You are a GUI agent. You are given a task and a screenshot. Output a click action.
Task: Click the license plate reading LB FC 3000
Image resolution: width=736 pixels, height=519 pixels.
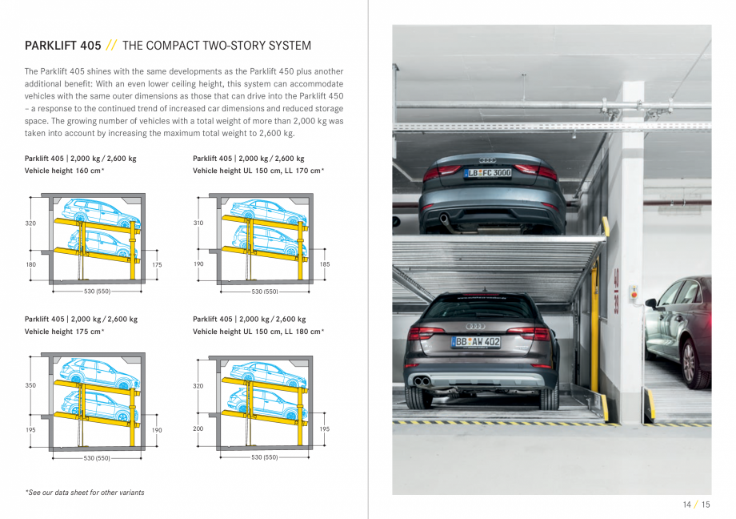click(488, 172)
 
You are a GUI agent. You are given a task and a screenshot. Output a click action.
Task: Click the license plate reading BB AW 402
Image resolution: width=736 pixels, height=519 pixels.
click(476, 342)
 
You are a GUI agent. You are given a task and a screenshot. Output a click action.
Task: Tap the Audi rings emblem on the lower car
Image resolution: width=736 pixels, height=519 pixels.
click(476, 326)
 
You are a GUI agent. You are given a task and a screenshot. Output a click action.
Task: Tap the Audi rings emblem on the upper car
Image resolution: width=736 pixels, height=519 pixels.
click(488, 160)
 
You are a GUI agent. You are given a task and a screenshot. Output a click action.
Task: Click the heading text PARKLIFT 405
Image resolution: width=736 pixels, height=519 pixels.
click(62, 46)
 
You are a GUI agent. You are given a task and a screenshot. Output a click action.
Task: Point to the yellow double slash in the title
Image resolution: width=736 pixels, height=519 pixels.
click(112, 46)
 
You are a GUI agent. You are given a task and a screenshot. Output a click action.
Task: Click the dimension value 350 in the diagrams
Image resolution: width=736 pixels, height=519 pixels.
click(30, 385)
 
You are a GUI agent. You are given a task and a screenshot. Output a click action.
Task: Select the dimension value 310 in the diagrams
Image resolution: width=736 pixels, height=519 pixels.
click(198, 223)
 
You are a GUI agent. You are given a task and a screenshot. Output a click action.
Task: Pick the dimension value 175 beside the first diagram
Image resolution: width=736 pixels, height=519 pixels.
click(157, 264)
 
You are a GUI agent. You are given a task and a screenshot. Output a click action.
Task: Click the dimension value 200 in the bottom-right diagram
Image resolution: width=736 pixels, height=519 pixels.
click(198, 428)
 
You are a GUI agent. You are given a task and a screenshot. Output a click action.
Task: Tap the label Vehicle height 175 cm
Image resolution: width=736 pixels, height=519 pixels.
click(64, 332)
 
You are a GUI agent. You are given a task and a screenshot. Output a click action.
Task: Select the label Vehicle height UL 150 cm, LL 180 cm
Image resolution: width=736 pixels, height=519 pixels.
click(258, 332)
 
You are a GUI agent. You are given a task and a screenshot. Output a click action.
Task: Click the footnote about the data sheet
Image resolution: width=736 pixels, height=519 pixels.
click(84, 493)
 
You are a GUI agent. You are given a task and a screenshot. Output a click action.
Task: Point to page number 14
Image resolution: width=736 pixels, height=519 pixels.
click(686, 505)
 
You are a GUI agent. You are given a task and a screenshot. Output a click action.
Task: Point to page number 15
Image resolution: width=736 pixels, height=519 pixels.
click(706, 505)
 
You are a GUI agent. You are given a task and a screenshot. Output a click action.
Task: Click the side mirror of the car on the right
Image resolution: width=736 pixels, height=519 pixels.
click(651, 304)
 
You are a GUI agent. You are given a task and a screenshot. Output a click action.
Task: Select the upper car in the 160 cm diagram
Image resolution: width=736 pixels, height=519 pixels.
click(101, 211)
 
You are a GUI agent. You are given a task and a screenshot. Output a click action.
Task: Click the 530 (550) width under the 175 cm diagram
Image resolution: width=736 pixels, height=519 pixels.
click(97, 458)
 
